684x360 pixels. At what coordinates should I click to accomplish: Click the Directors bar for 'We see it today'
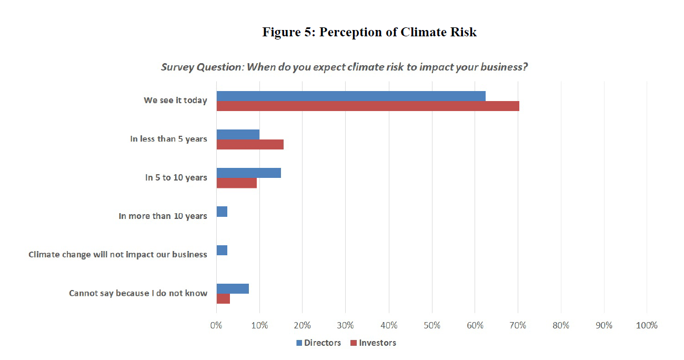[x=351, y=96]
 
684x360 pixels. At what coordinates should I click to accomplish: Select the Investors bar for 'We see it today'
[x=368, y=106]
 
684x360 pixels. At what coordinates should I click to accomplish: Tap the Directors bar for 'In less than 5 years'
[x=238, y=134]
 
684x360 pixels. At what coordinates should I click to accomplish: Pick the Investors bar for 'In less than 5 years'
[x=250, y=144]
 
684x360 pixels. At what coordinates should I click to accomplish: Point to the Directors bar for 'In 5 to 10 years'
[x=249, y=173]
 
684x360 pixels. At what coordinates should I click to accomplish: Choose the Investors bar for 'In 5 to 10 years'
[x=237, y=183]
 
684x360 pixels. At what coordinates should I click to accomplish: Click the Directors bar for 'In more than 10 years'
[x=222, y=211]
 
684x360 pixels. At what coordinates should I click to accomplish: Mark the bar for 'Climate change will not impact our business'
[x=222, y=250]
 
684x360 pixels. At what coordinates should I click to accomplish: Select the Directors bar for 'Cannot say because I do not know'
[x=233, y=288]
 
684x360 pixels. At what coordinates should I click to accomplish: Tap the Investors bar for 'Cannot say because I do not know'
[x=223, y=298]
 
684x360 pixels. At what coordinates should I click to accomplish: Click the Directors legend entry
[x=318, y=343]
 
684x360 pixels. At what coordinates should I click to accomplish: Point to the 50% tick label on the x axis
[x=431, y=325]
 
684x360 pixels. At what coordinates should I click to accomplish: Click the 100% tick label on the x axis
[x=647, y=325]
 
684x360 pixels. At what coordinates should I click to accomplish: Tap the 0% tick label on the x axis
[x=216, y=325]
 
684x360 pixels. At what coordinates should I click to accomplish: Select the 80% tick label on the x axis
[x=561, y=325]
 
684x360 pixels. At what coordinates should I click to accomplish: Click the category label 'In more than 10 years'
[x=163, y=216]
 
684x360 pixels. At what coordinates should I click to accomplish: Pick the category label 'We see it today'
[x=175, y=100]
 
